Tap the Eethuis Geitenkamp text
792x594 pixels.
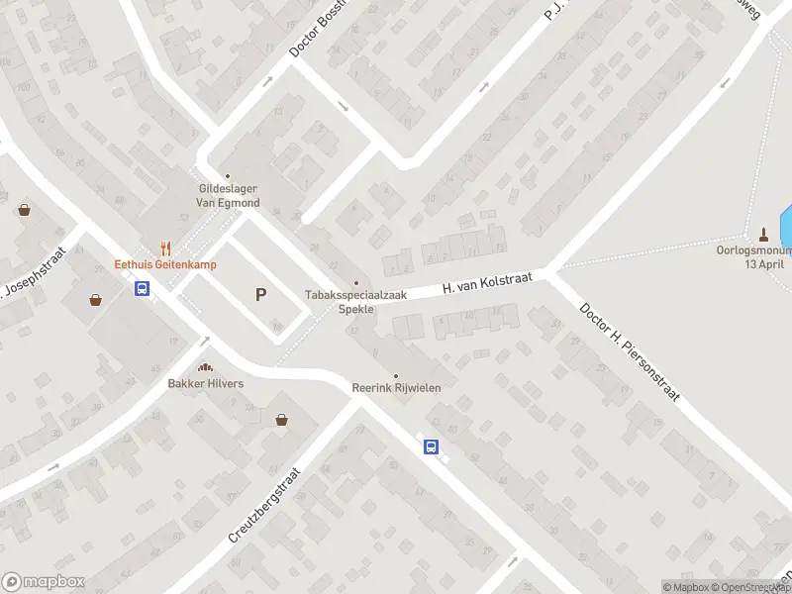pos(165,264)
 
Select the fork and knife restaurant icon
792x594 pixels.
pos(166,247)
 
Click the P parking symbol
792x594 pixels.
pos(261,294)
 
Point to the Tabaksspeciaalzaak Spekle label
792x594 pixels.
pos(342,302)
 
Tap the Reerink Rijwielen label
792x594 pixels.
pos(396,388)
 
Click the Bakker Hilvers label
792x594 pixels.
pos(206,383)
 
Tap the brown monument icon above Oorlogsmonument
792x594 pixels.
pos(763,235)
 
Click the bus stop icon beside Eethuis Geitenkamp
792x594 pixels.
pos(143,289)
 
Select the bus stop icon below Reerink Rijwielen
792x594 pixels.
pos(432,446)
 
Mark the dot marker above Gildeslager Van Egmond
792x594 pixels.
pos(227,177)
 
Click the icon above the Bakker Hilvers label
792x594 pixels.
pos(206,367)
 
